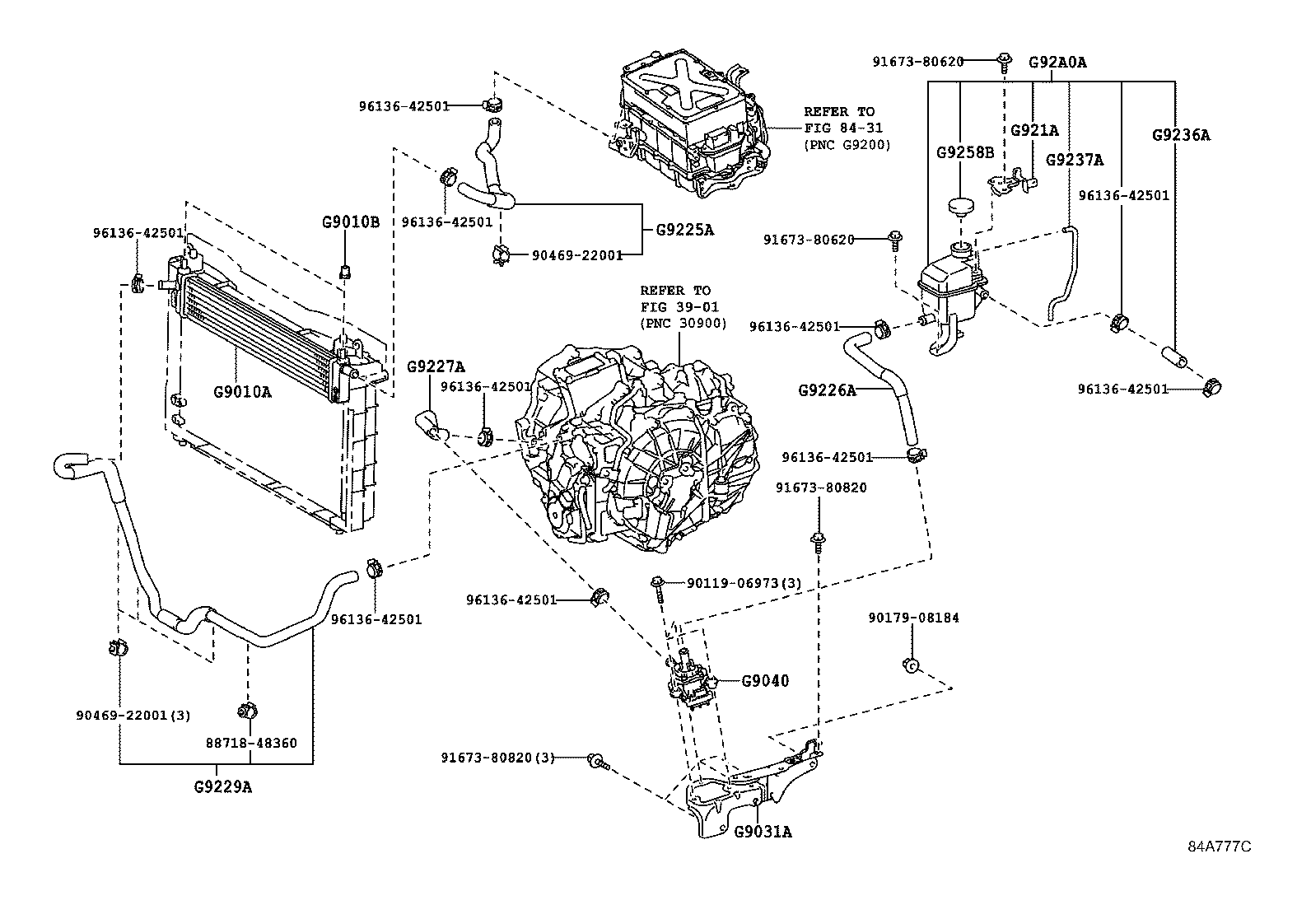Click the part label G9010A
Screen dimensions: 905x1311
[242, 392]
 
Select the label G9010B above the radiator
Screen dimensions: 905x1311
[351, 221]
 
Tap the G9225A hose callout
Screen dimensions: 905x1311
[685, 230]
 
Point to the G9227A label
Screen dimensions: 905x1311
[436, 366]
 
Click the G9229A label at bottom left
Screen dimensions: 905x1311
[223, 786]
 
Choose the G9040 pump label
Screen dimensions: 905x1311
[765, 681]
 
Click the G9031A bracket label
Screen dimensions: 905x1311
[763, 832]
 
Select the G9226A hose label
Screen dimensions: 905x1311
[827, 390]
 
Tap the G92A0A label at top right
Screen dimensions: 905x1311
[1057, 62]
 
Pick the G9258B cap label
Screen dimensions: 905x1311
[965, 152]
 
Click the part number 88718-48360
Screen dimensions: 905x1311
[251, 743]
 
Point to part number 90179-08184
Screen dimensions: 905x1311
[913, 618]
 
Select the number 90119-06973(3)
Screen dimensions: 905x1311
[744, 583]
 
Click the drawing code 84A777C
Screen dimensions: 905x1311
[1219, 847]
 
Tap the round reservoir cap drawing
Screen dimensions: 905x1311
[959, 206]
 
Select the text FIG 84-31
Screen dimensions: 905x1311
[839, 128]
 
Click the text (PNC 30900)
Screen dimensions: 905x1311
[683, 324]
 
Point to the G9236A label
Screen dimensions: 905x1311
[1181, 135]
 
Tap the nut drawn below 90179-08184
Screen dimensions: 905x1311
[912, 664]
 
